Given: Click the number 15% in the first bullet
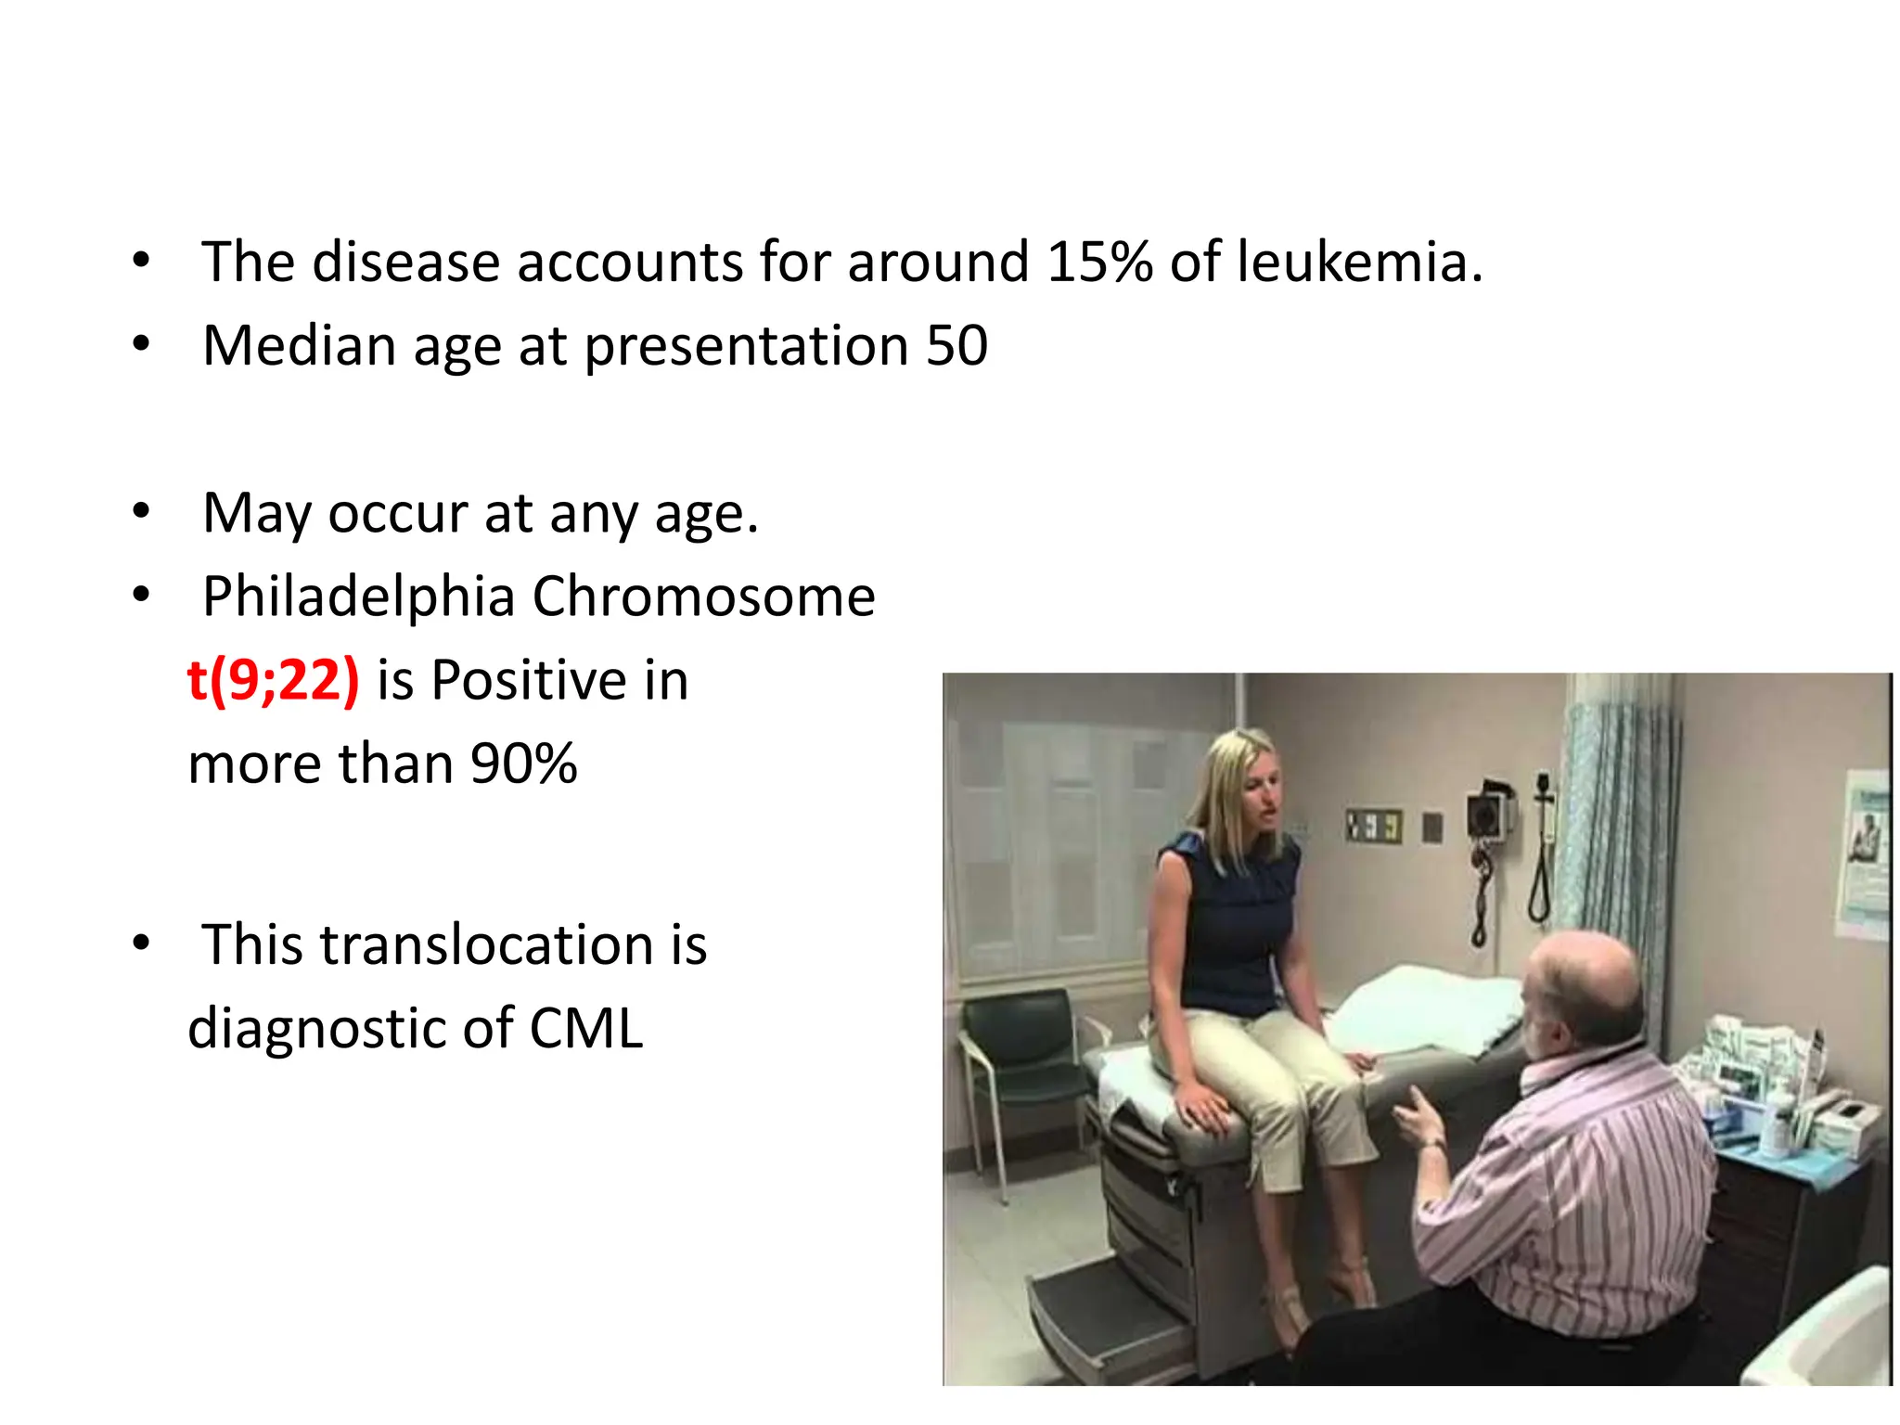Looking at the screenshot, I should [1099, 262].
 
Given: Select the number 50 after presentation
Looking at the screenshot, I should [956, 346].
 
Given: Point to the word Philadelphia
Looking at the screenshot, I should [358, 597].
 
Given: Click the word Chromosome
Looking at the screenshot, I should [703, 597].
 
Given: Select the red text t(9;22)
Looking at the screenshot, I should [273, 680].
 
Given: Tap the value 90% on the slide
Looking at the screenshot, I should [523, 764].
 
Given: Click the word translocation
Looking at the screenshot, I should [487, 945].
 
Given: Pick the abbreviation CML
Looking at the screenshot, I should [586, 1029].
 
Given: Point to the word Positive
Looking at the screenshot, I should [529, 680].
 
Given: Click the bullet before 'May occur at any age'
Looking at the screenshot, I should [141, 511].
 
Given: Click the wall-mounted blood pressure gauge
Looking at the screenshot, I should [1489, 816].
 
